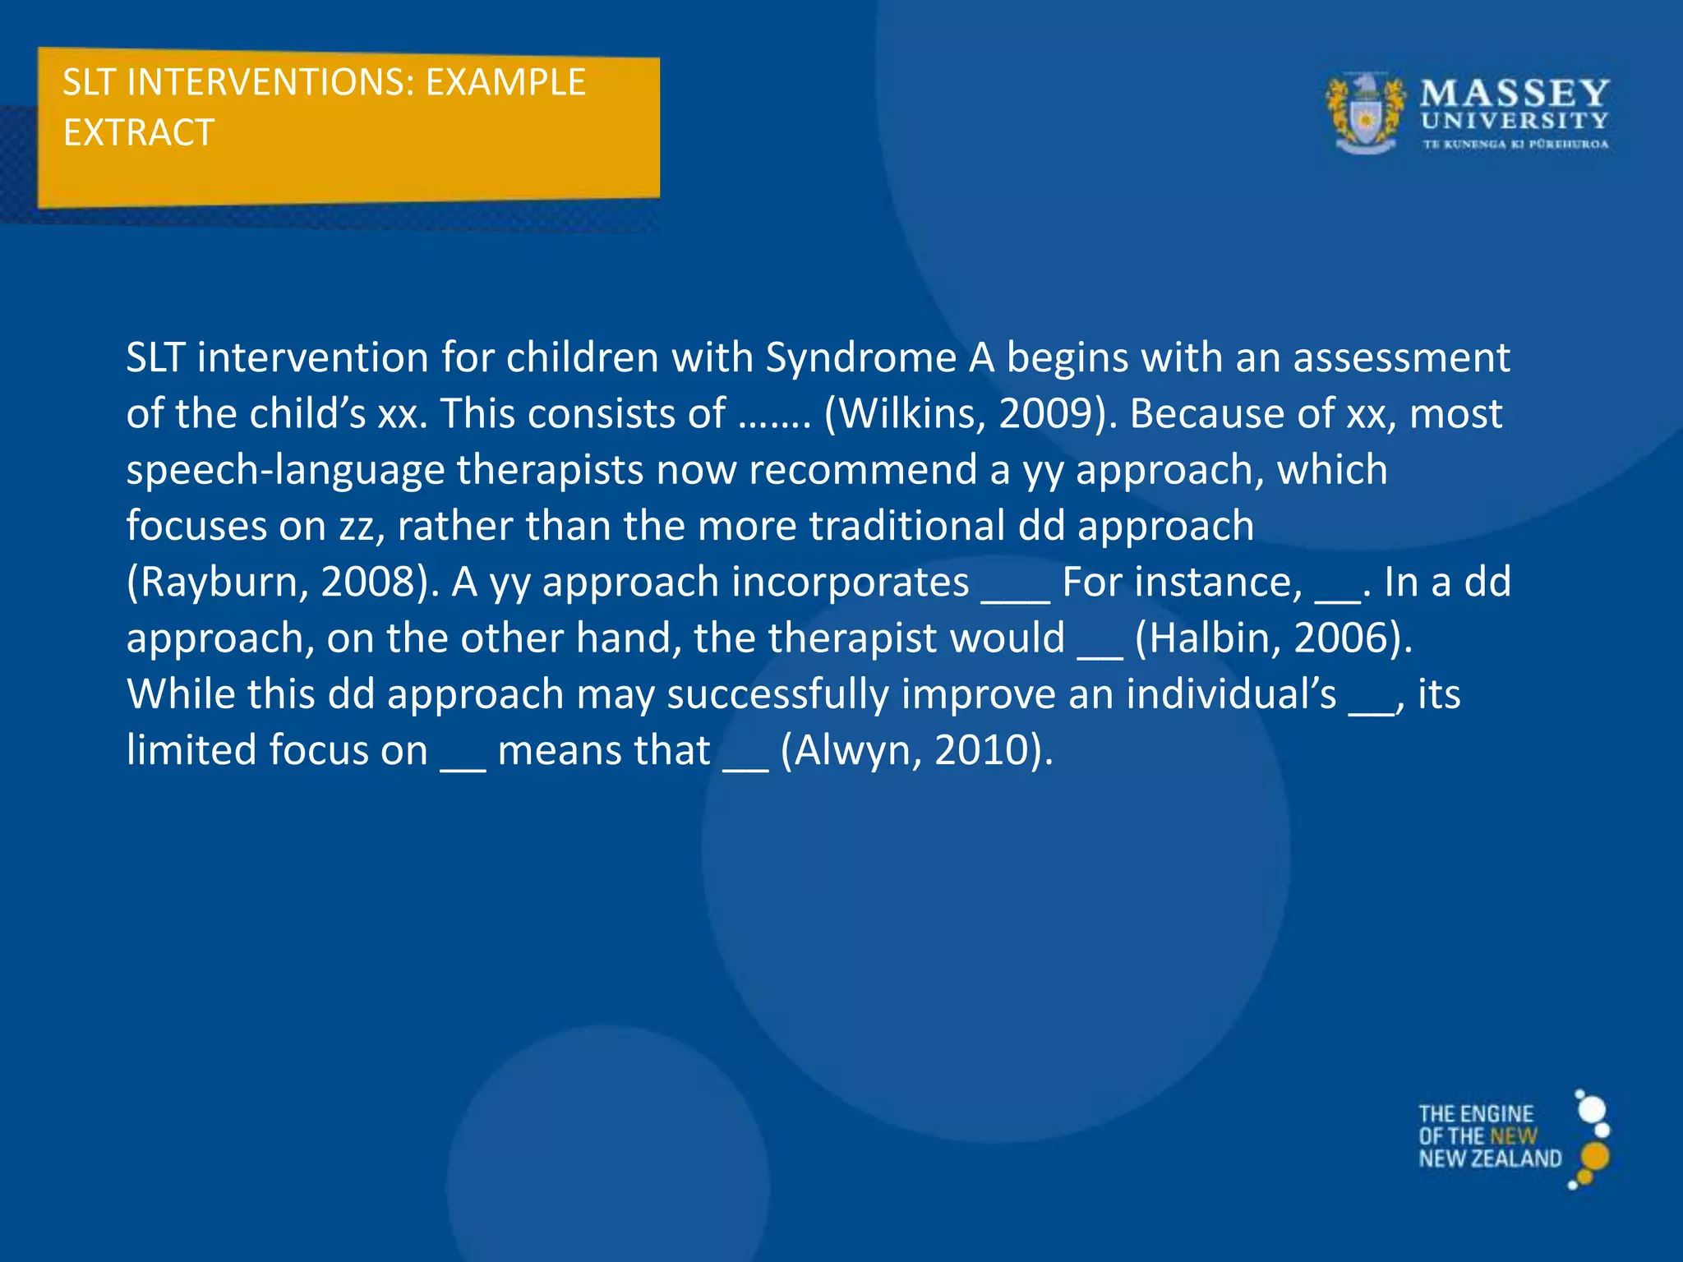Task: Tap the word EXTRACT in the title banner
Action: (x=139, y=133)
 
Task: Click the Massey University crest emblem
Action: (x=1365, y=114)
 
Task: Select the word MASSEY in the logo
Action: (x=1515, y=94)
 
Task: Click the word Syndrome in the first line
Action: (x=861, y=358)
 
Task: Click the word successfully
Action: (x=777, y=695)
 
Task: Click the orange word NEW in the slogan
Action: (x=1514, y=1137)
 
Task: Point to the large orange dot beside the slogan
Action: (x=1594, y=1157)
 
